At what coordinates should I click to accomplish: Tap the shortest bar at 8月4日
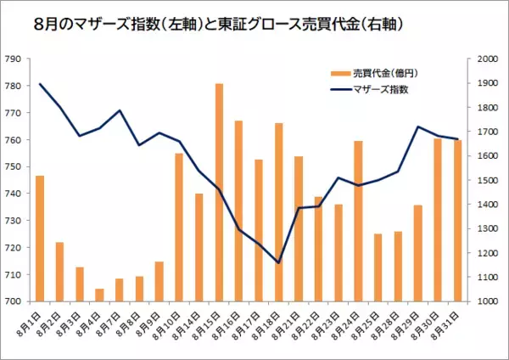tap(99, 295)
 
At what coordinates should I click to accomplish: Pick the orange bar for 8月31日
tap(458, 220)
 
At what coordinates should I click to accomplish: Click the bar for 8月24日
tap(358, 221)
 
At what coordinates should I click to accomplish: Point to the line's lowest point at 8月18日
tap(278, 262)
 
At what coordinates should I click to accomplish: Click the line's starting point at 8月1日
tap(39, 84)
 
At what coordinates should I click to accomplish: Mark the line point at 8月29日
tap(418, 127)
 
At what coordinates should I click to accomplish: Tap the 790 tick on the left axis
tap(14, 59)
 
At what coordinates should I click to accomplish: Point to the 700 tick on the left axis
tap(14, 301)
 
